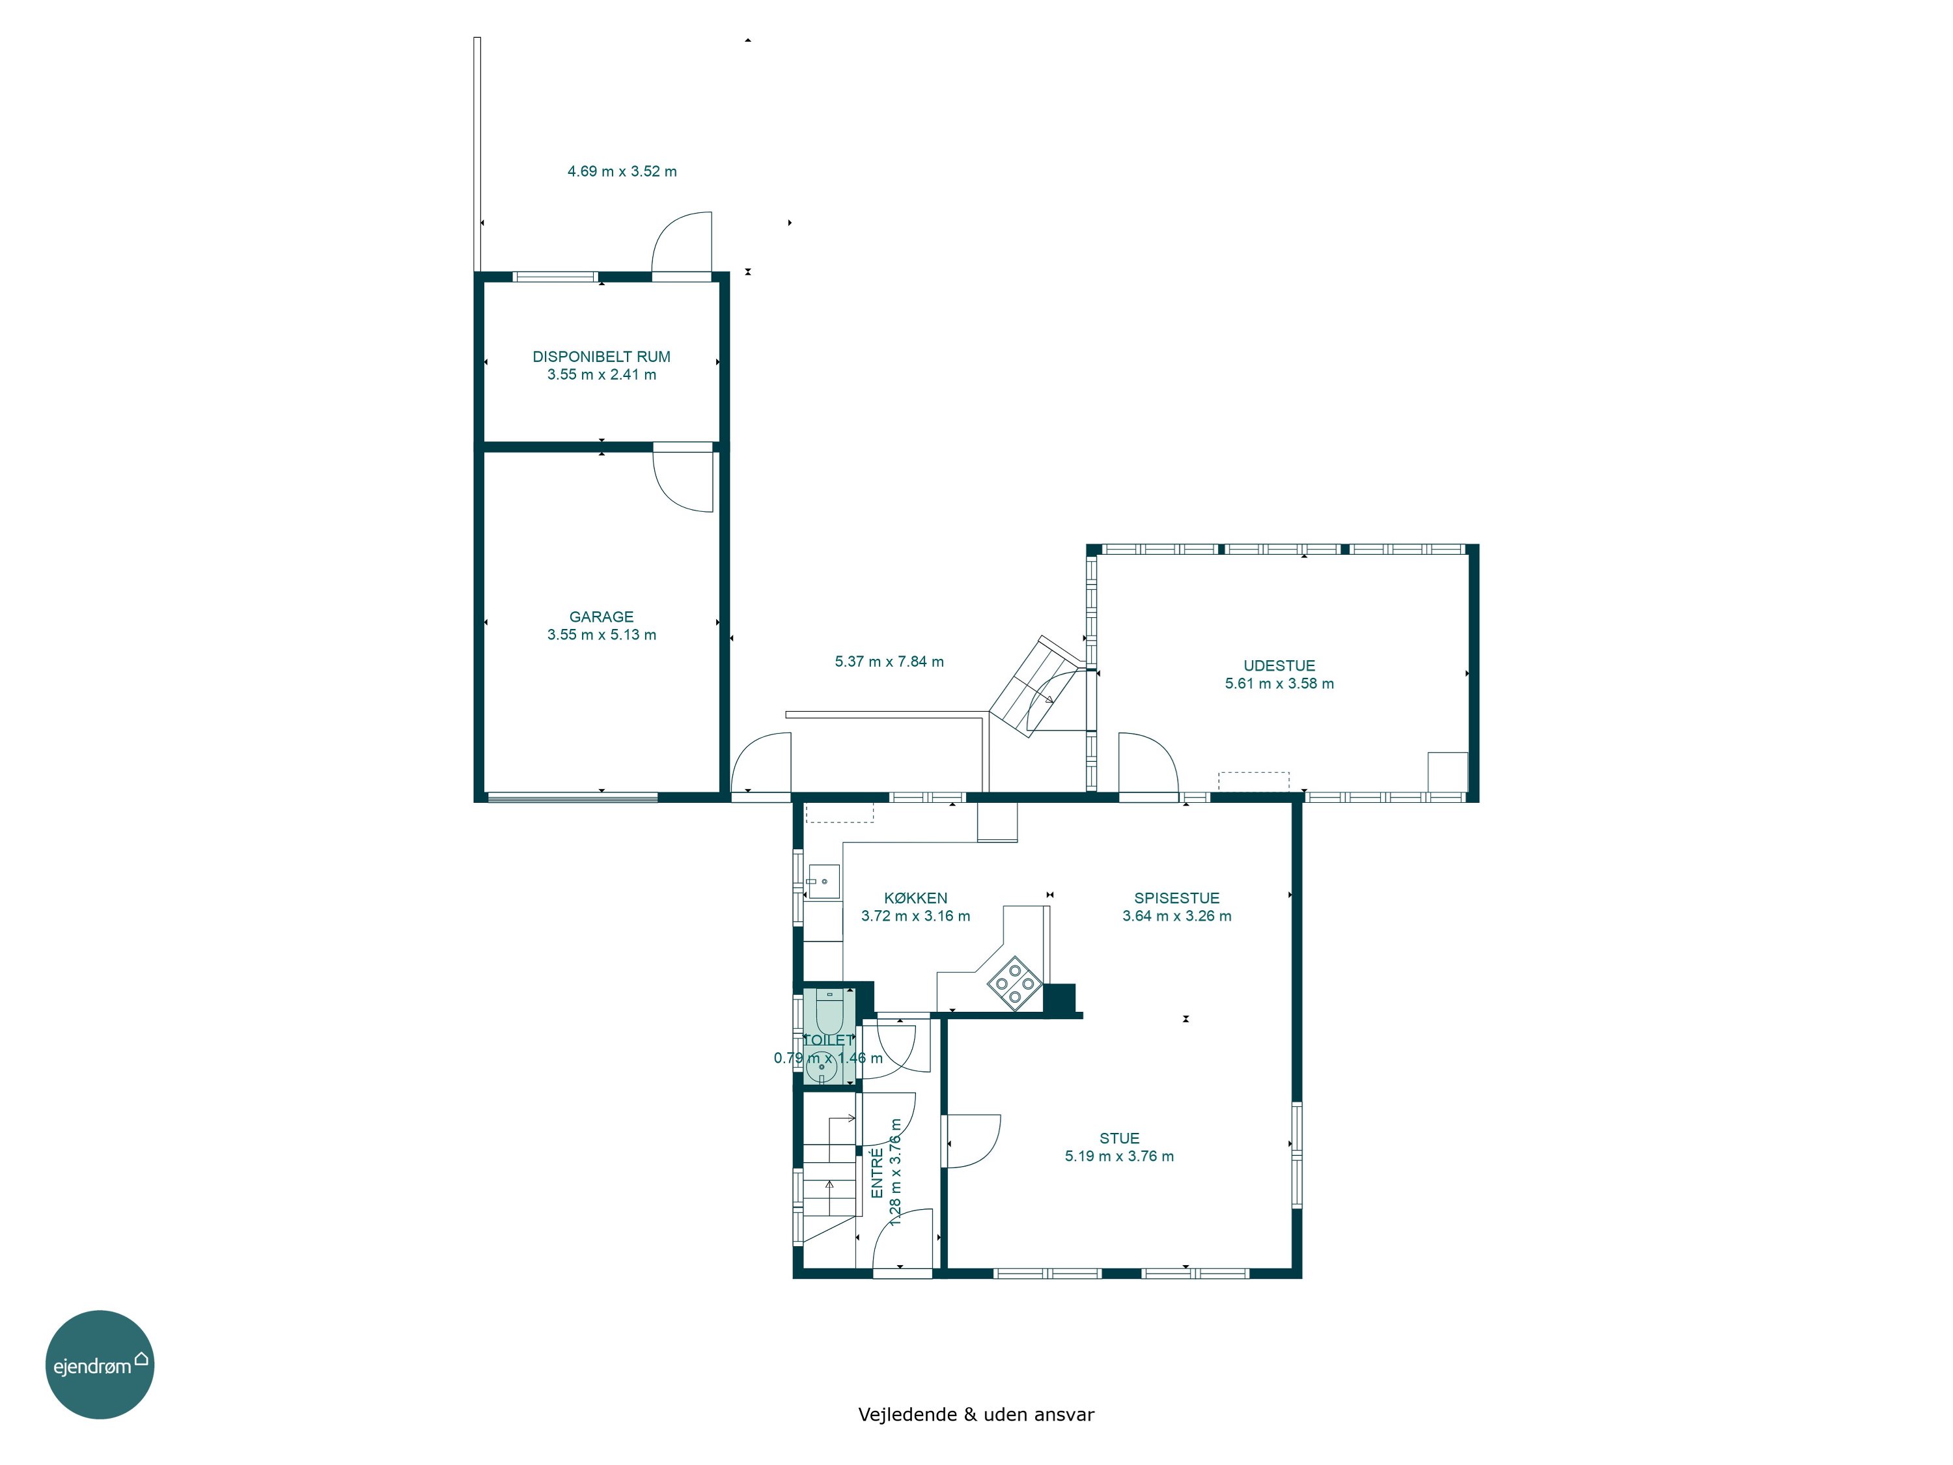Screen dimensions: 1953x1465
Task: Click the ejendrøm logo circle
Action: click(x=100, y=1364)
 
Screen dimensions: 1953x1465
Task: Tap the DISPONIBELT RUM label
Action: click(x=602, y=357)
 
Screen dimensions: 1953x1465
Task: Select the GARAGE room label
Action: click(x=602, y=617)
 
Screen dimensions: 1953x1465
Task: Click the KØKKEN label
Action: click(x=915, y=898)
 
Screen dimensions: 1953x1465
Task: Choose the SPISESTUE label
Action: click(x=1177, y=898)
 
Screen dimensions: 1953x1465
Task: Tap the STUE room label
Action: click(x=1120, y=1138)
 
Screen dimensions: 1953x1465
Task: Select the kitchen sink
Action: click(x=823, y=882)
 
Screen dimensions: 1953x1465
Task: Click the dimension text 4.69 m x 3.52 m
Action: click(x=622, y=171)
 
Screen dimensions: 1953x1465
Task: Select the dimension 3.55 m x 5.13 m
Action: click(x=602, y=635)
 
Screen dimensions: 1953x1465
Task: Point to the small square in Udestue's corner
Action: click(x=1448, y=772)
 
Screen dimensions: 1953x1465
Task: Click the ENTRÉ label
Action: click(x=878, y=1173)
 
